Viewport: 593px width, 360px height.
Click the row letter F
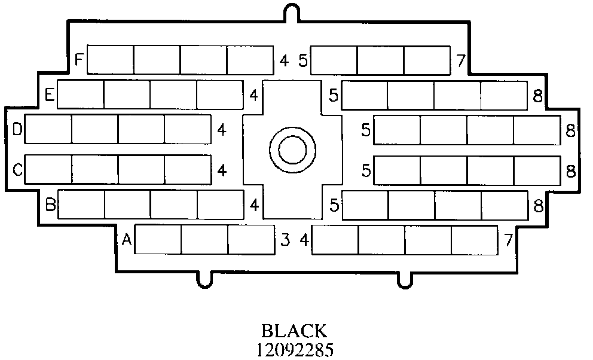click(x=78, y=60)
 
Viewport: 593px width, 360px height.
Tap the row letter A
click(x=126, y=240)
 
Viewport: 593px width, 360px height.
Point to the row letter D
click(x=17, y=129)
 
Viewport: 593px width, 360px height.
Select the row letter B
click(x=50, y=206)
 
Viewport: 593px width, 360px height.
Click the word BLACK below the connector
click(x=294, y=331)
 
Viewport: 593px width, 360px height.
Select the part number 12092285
click(x=294, y=349)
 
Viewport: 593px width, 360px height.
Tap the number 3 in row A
click(x=285, y=240)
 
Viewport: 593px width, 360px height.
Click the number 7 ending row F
click(x=460, y=60)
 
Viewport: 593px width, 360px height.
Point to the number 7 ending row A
click(x=508, y=240)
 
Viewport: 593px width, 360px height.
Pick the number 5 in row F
click(x=302, y=60)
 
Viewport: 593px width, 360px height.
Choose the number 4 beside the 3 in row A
click(x=304, y=240)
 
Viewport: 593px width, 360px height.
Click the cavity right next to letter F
click(x=111, y=59)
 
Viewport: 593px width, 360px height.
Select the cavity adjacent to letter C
click(x=48, y=170)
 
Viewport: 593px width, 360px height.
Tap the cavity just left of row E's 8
click(x=503, y=94)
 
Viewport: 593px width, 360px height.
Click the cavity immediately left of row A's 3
click(x=250, y=239)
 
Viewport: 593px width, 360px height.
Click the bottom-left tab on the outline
click(x=204, y=279)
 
